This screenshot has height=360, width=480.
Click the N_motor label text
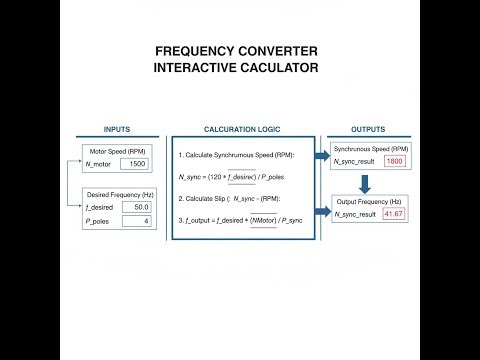click(x=101, y=163)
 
